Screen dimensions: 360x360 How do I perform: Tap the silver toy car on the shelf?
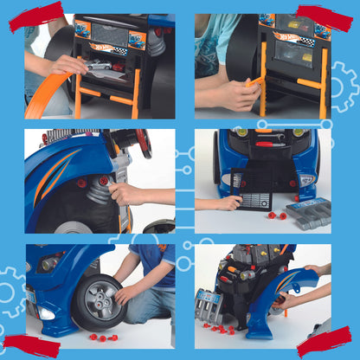click(102, 66)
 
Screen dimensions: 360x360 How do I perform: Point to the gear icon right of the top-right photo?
click(344, 87)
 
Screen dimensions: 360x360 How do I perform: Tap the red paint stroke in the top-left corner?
click(36, 16)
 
